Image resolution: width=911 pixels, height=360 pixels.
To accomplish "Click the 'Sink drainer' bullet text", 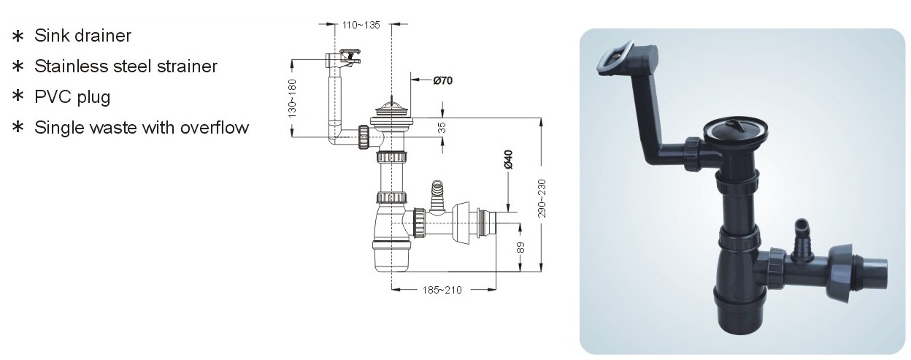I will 82,35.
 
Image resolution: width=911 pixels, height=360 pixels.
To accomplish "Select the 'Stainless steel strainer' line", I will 126,66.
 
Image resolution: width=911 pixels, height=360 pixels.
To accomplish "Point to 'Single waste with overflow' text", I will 142,127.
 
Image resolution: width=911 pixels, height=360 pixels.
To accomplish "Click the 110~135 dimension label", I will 361,25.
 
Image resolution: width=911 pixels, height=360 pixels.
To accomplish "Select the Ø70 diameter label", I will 443,80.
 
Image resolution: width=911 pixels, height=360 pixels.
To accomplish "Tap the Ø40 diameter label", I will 508,159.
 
